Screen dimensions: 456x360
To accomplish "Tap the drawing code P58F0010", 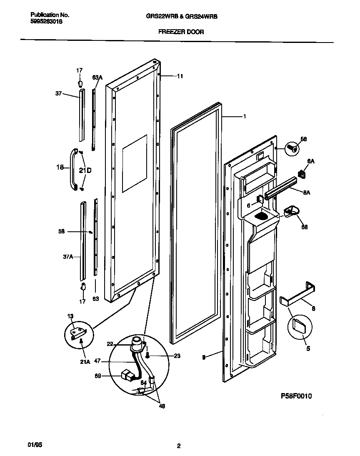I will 293,396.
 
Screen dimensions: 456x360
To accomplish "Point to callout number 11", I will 180,76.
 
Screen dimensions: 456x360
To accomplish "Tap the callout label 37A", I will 68,257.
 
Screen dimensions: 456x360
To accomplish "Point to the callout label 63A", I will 97,78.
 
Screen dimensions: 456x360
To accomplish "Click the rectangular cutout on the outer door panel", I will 135,163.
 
